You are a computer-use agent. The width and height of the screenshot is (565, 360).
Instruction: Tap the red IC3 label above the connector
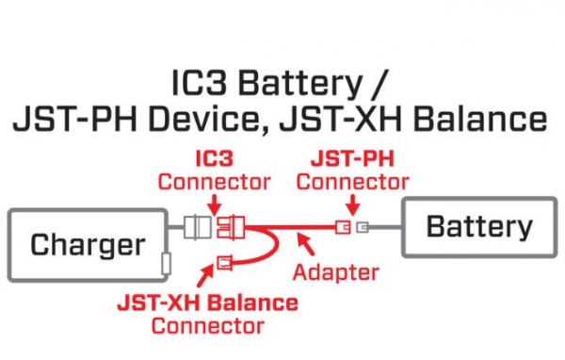[x=214, y=161]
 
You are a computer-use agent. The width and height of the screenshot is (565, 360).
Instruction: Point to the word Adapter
[x=335, y=272]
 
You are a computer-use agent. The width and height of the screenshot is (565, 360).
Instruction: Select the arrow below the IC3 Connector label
[x=215, y=203]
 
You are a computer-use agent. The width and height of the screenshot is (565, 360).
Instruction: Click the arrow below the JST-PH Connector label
[x=350, y=202]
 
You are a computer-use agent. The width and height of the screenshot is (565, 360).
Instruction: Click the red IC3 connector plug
[x=231, y=227]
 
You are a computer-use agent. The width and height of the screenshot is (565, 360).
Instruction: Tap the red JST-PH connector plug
[x=345, y=227]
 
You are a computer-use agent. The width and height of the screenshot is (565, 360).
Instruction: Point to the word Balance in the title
[x=484, y=119]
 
